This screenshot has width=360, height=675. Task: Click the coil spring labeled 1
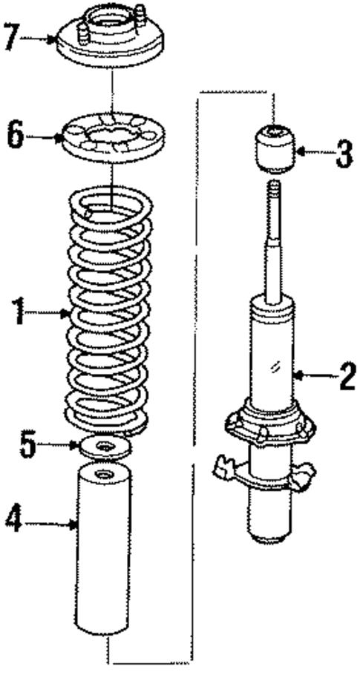[110, 312]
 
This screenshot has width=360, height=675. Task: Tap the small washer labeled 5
[105, 447]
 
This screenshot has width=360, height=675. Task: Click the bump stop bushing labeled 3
[275, 148]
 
